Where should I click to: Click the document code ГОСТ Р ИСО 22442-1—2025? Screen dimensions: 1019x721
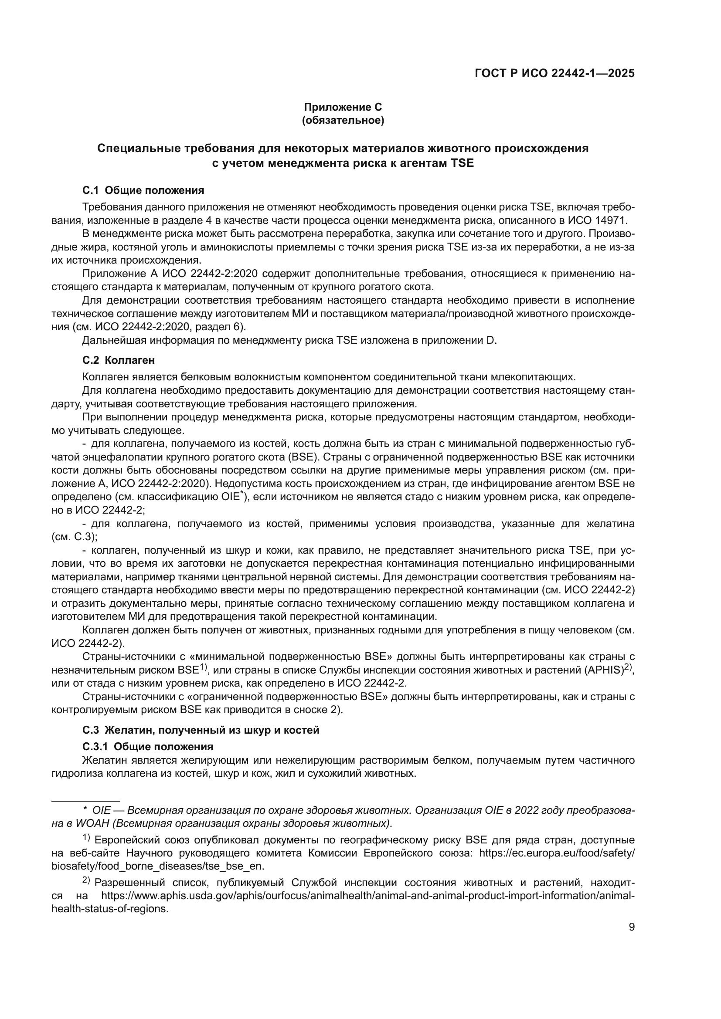(554, 73)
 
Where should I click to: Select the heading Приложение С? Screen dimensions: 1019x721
(343, 107)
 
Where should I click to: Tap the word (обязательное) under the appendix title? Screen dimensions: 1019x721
(343, 120)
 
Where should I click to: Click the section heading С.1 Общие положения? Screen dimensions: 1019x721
(143, 190)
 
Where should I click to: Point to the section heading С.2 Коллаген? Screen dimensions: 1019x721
(119, 360)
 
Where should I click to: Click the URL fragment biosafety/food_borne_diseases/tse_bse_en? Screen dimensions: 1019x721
(158, 867)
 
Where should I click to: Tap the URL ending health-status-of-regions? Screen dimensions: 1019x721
(110, 908)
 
